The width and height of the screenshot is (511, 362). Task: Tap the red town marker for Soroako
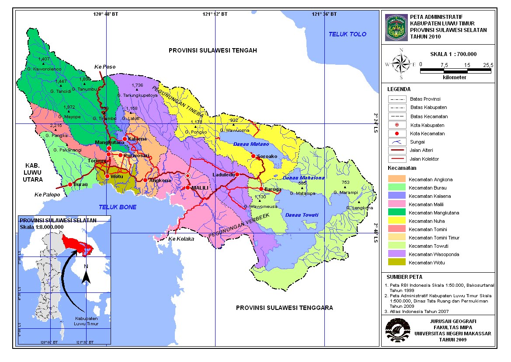(x=253, y=156)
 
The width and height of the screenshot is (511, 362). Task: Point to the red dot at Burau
(x=70, y=185)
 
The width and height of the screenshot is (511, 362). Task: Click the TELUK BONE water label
(x=117, y=207)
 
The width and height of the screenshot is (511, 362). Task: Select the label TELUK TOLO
(x=348, y=34)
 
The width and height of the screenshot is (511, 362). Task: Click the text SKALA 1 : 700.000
(x=453, y=54)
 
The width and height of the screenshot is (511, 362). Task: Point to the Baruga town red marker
(x=261, y=189)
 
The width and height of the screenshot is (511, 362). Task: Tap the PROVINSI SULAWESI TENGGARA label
(x=284, y=308)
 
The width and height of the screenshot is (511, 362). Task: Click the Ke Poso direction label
(x=104, y=67)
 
